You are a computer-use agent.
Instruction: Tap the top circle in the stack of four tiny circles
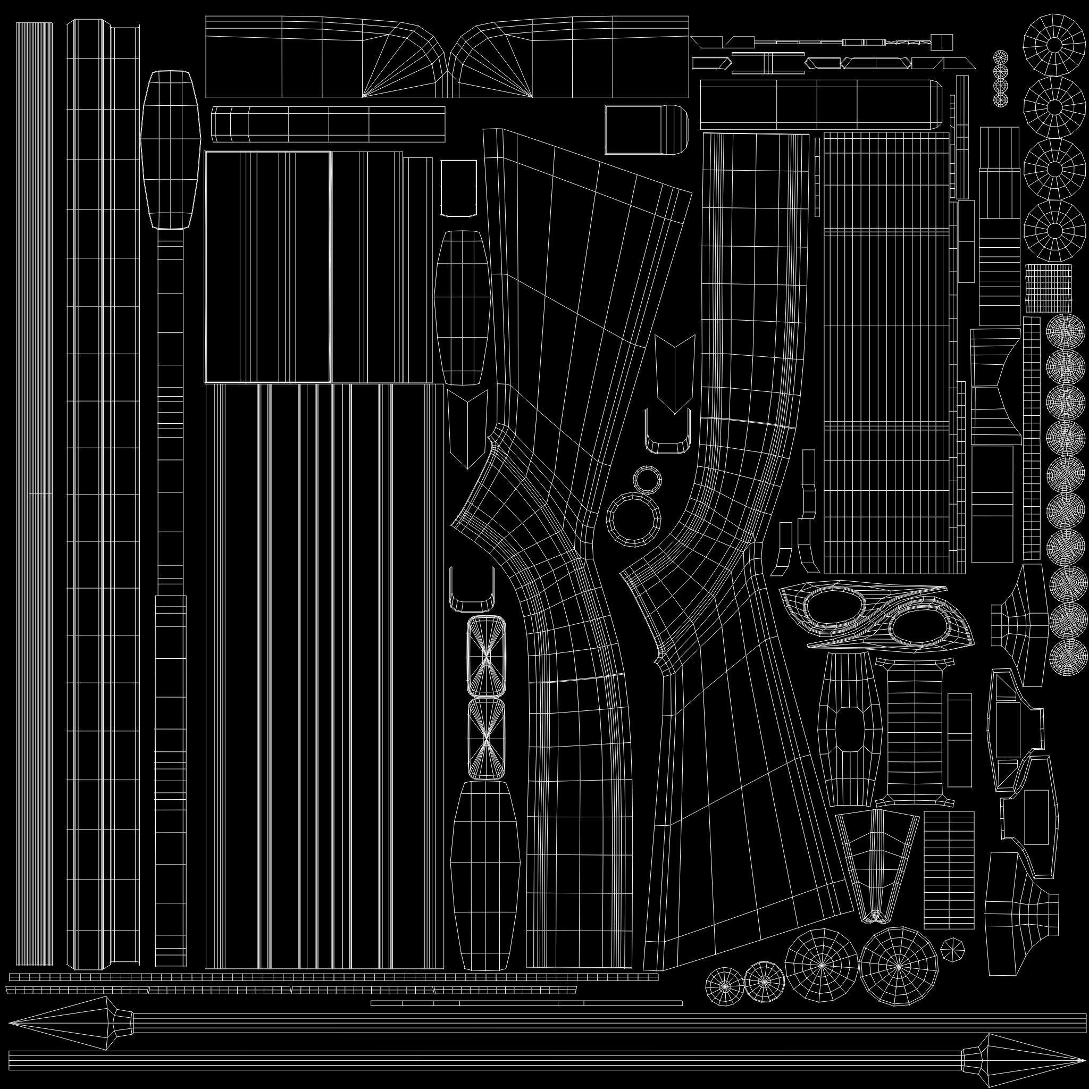[1000, 57]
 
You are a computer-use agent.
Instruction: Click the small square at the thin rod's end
[943, 41]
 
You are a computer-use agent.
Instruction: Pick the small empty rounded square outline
[459, 188]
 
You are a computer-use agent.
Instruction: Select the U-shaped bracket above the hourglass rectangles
[472, 589]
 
